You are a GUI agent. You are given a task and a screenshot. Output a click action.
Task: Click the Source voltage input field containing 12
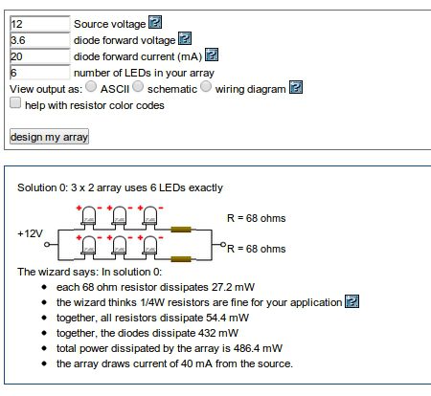point(39,24)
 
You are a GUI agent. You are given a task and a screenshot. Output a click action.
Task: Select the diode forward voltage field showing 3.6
point(39,40)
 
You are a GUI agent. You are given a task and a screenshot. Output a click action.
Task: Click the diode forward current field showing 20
point(39,56)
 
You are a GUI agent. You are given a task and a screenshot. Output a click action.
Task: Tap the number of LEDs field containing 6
point(39,73)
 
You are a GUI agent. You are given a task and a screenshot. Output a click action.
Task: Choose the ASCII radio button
point(91,86)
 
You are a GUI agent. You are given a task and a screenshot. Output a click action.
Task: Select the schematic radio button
point(138,86)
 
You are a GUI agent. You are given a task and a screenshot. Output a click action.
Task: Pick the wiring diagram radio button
point(206,86)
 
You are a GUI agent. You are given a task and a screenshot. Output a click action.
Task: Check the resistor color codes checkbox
point(15,102)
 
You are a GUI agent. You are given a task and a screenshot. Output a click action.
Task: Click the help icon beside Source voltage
point(155,22)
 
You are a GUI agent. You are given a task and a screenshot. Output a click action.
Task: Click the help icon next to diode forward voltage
point(185,38)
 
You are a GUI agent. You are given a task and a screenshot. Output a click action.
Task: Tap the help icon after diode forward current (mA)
point(212,55)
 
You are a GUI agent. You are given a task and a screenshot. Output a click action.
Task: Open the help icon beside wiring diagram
point(296,87)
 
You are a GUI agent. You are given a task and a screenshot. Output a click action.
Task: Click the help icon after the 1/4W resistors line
point(352,301)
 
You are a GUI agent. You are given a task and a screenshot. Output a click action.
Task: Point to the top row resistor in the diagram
point(181,230)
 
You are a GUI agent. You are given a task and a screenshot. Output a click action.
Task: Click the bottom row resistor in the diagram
point(181,259)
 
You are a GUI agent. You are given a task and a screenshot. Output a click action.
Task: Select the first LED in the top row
point(88,217)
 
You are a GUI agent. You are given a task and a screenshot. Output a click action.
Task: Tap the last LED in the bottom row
point(149,247)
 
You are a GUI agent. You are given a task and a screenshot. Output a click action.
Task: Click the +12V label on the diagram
point(30,233)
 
